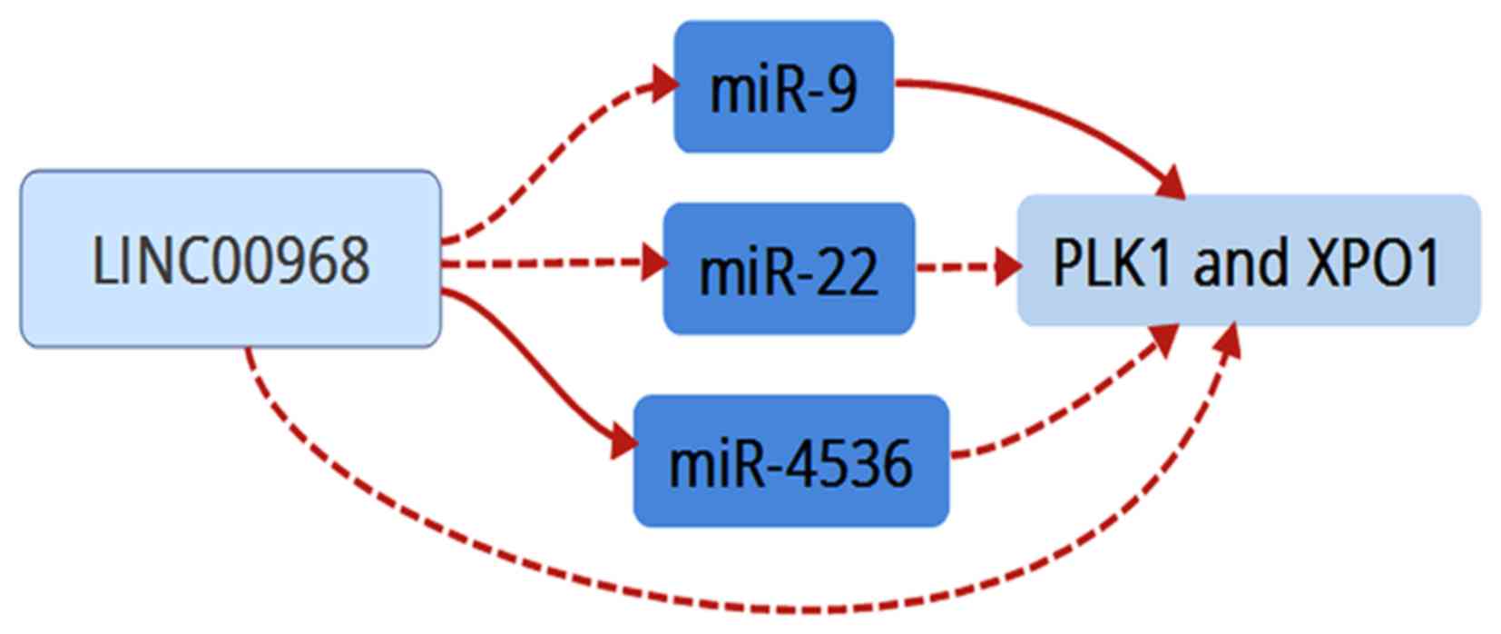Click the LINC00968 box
(x=231, y=259)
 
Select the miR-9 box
(x=783, y=87)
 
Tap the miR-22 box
(x=789, y=269)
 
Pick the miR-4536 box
(x=790, y=461)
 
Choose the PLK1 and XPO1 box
(x=1248, y=261)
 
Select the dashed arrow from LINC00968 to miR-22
(x=544, y=264)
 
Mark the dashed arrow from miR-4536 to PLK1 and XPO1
(x=1062, y=409)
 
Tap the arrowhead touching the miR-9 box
(x=665, y=84)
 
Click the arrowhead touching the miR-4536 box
(x=624, y=443)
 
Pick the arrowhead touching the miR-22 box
(x=654, y=263)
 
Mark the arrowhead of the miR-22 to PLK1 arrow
(x=1006, y=268)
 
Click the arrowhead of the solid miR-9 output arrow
(x=1172, y=182)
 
